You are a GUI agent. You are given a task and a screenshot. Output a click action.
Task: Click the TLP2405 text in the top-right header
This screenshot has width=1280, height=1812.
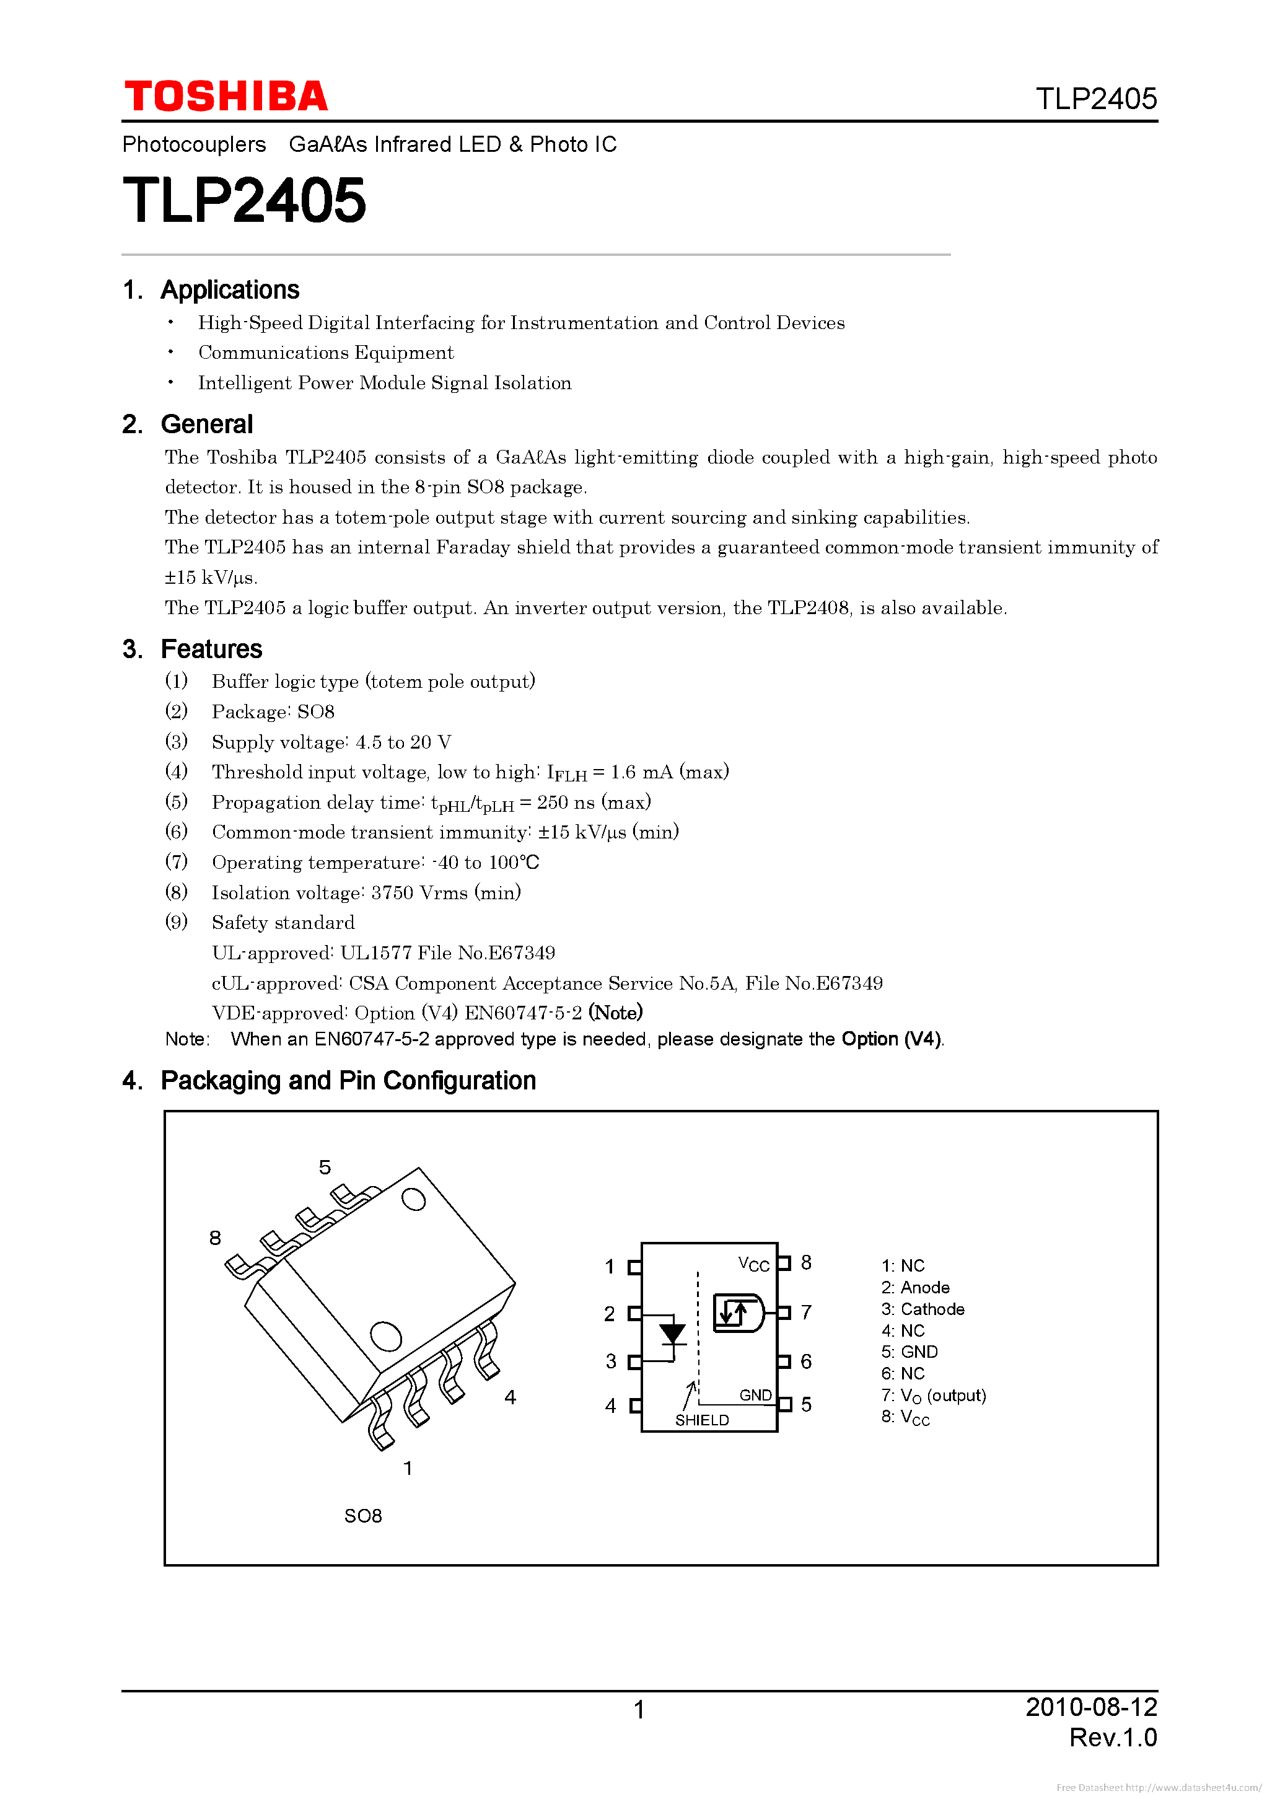tap(1095, 99)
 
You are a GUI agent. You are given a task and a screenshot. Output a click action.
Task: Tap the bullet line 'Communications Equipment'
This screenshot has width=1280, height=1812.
tap(325, 353)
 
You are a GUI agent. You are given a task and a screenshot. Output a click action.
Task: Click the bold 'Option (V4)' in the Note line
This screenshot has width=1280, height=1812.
tap(891, 1039)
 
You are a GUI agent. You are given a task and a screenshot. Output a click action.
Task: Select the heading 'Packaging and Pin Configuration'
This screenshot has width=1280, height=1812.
tap(348, 1080)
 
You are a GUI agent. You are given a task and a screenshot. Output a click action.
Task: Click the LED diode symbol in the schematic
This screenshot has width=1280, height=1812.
tap(672, 1334)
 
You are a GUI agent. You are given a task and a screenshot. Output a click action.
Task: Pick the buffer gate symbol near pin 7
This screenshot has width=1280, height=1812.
tap(738, 1313)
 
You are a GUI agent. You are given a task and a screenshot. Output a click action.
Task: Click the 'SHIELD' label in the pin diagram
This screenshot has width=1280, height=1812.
tap(701, 1420)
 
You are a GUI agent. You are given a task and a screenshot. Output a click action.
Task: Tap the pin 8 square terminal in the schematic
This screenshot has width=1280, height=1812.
tap(784, 1264)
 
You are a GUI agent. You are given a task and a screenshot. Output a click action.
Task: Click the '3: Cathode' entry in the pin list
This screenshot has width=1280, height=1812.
tap(923, 1309)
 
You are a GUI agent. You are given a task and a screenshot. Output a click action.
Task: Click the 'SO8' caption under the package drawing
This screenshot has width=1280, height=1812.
tap(363, 1516)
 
